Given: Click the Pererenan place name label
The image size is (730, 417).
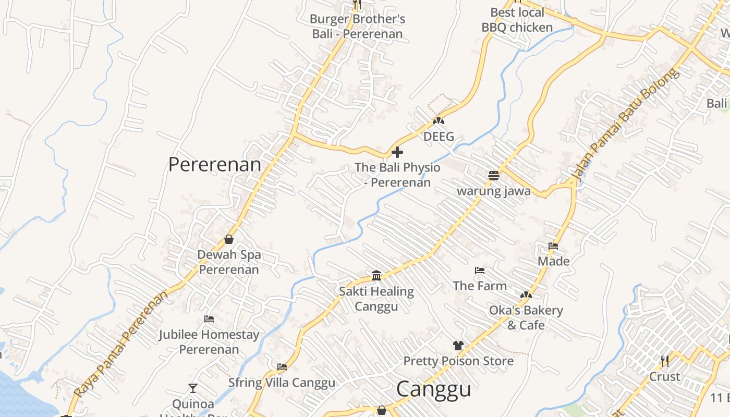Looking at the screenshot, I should click(214, 164).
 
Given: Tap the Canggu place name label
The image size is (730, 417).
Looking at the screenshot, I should click(433, 389).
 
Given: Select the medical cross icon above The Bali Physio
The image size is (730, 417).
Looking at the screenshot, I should click(397, 152).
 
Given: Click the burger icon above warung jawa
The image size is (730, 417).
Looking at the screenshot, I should click(494, 176).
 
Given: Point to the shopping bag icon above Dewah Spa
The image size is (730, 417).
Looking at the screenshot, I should click(228, 239).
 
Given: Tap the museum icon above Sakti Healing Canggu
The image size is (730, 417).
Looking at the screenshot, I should click(376, 275).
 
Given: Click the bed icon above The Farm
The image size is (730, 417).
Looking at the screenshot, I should click(480, 271).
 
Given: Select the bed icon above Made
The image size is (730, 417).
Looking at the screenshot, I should click(553, 246).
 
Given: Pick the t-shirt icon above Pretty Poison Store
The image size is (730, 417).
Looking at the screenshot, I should click(458, 345).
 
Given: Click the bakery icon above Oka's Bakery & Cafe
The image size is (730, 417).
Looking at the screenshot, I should click(526, 295).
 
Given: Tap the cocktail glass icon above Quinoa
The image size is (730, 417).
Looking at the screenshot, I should click(193, 388).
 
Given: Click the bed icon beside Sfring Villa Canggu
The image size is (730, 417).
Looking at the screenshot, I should click(282, 367).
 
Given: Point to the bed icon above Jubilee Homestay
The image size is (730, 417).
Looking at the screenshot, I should click(209, 319).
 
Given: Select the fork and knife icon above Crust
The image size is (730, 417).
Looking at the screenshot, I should click(664, 361).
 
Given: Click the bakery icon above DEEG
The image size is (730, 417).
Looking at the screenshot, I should click(438, 121).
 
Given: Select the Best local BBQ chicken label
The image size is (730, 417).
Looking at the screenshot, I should click(517, 20).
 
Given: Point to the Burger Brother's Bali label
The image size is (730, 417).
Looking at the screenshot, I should click(357, 27).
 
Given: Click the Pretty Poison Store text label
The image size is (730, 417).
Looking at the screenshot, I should click(458, 361).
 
